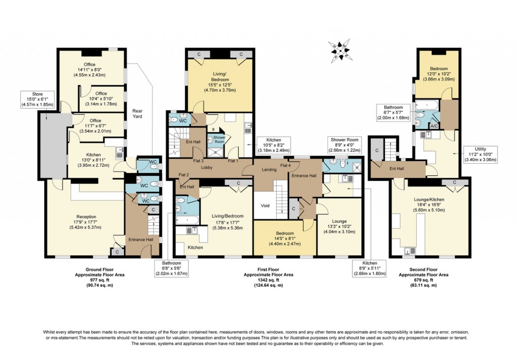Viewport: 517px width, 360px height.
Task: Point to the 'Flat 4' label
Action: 285,165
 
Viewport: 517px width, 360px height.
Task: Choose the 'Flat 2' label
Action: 183,175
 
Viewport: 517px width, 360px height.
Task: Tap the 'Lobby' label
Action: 206,167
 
